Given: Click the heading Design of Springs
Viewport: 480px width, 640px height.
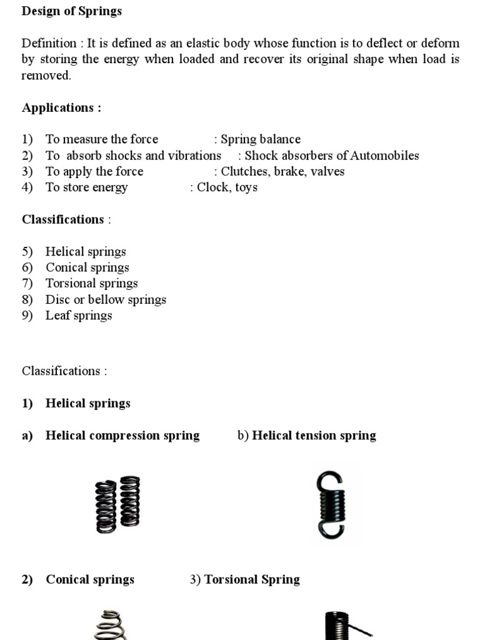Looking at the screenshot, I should [72, 11].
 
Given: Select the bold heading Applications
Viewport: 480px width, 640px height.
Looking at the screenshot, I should [61, 107].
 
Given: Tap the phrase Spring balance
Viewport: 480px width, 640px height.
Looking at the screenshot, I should [260, 139].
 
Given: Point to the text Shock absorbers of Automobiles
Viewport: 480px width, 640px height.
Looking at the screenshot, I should [332, 156].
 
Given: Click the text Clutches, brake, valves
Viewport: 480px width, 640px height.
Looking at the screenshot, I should [282, 172].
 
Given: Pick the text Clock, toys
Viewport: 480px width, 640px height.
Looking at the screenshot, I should [227, 187].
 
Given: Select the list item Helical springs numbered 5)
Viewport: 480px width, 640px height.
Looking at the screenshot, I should [86, 252].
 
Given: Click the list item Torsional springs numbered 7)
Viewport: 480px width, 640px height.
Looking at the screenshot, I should [91, 284].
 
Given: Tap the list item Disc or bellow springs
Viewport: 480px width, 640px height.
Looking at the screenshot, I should [106, 299].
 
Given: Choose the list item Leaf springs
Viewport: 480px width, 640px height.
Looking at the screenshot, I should [79, 316].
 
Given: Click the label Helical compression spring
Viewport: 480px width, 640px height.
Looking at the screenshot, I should [122, 436].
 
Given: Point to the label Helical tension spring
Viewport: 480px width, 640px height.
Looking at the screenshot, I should [314, 436].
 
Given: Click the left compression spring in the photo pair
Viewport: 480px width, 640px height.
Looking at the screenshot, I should [106, 506].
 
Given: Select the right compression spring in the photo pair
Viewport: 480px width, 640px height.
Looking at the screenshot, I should [130, 501].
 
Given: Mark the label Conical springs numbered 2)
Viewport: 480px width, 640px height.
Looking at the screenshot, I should [89, 579].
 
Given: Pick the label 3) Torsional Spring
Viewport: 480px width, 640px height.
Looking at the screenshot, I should [245, 579].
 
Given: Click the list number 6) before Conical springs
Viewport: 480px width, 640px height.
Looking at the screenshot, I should [27, 268].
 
